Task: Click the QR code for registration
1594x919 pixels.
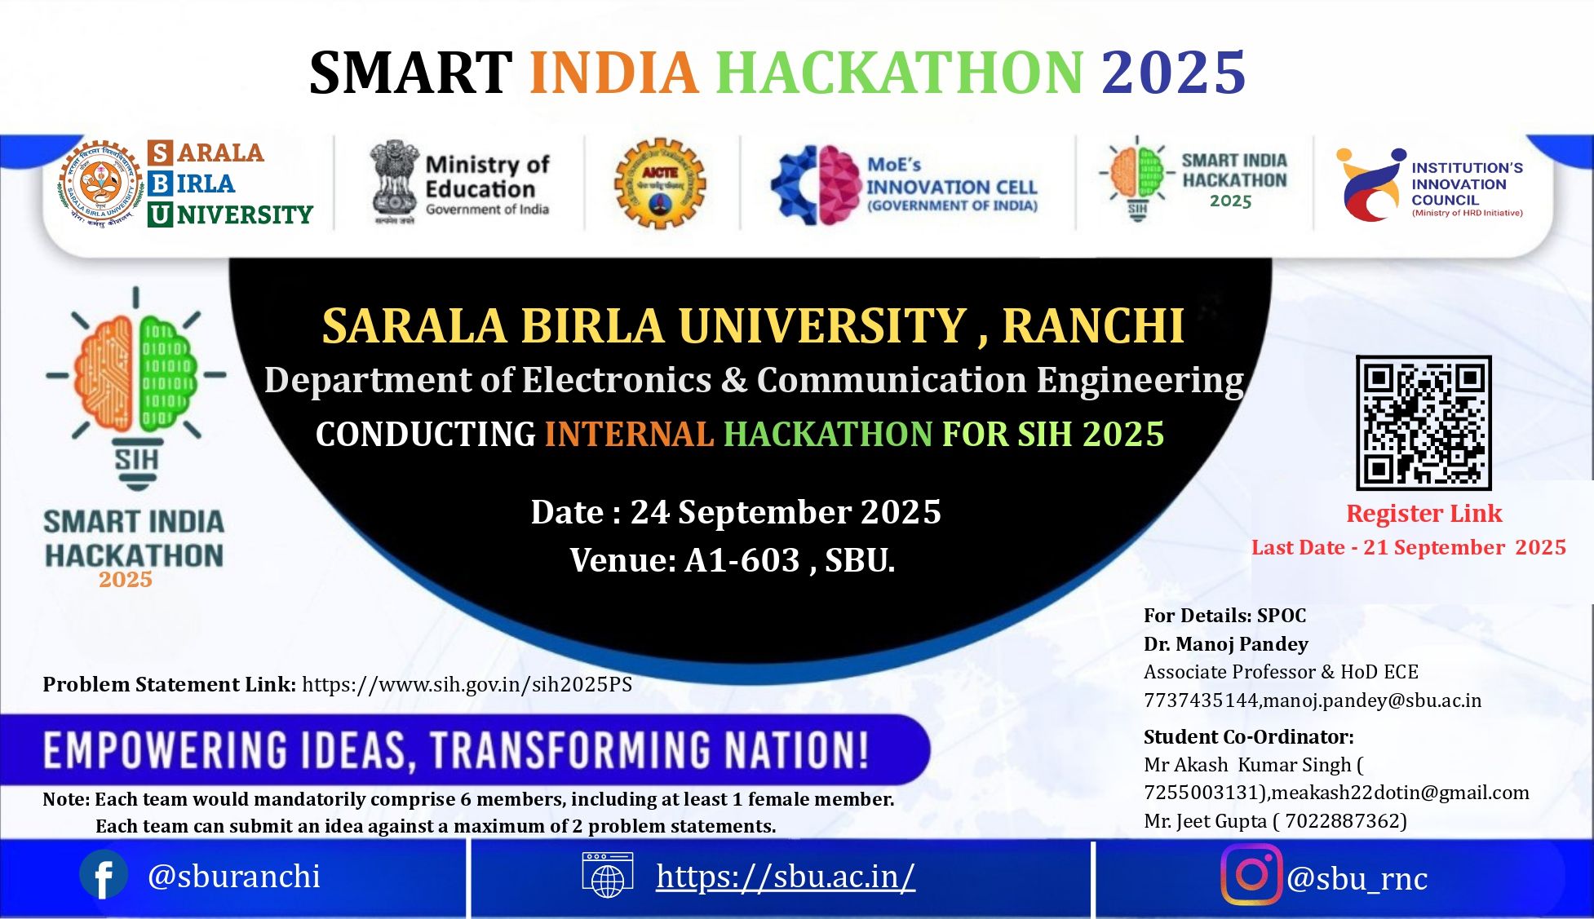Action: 1424,422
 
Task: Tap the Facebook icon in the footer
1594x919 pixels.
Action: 104,876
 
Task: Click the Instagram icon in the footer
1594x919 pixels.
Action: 1251,875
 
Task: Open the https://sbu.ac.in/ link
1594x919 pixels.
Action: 785,877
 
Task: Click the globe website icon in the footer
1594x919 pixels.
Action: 607,876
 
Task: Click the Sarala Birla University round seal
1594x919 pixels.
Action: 100,183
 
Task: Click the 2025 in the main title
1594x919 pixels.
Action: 1173,73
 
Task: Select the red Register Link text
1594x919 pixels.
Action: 1424,514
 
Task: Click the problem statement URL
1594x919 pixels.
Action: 467,684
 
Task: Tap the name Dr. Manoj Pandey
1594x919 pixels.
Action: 1225,644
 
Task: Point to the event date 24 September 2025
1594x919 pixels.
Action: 785,512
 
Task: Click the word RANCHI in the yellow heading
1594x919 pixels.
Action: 1093,326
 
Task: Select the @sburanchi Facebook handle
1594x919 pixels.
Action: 233,877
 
